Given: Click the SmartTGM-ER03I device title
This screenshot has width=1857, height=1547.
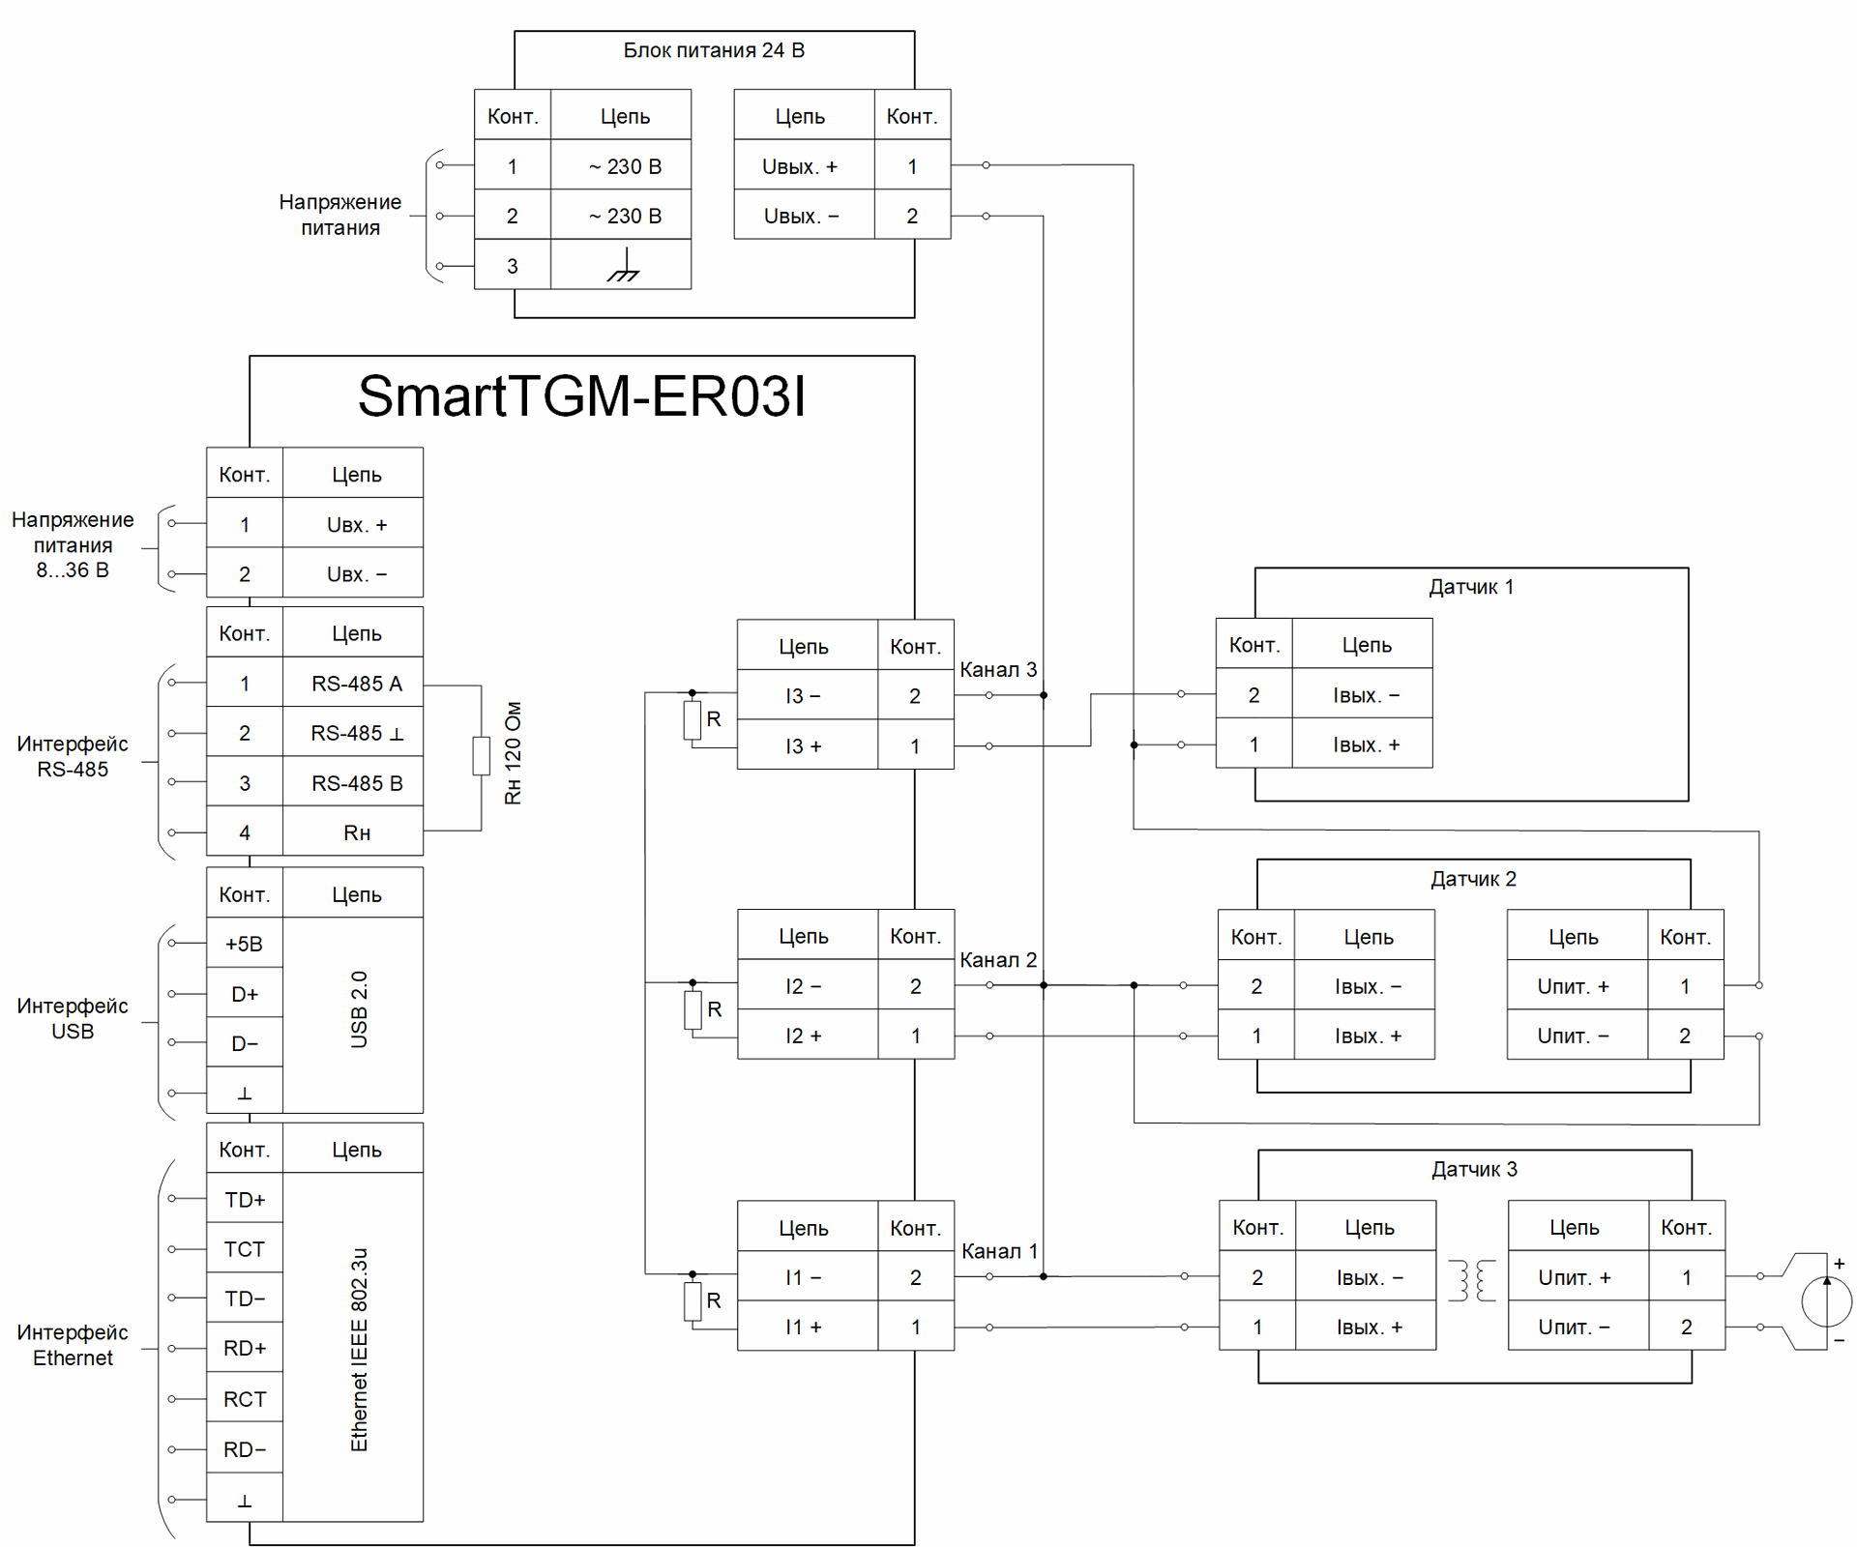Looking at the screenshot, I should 581,396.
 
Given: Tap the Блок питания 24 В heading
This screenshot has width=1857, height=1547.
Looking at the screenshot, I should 714,50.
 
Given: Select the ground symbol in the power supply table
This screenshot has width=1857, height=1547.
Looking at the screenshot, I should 623,265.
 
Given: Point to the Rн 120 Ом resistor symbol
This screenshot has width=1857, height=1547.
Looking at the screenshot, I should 481,756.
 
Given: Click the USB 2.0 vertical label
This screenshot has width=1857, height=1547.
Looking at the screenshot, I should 359,1009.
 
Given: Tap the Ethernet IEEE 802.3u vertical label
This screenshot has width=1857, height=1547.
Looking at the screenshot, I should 359,1349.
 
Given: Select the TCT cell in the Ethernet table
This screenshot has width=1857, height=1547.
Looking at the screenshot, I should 244,1249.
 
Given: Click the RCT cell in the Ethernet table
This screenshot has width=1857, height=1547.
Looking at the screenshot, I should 244,1399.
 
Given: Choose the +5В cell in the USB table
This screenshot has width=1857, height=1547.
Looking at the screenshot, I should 244,944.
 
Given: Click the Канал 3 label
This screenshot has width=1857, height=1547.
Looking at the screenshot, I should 998,669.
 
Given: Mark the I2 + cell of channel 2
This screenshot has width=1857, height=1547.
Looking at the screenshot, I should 804,1036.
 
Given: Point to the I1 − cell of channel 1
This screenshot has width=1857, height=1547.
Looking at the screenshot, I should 804,1277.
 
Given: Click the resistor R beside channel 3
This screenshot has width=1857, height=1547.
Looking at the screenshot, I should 693,720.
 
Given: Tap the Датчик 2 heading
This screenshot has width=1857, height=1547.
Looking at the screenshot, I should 1473,879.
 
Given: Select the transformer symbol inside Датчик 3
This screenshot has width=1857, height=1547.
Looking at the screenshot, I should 1472,1280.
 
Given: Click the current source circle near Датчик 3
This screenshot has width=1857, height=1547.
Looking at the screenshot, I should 1826,1300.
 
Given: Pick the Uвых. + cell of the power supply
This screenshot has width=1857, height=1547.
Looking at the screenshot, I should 801,166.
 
